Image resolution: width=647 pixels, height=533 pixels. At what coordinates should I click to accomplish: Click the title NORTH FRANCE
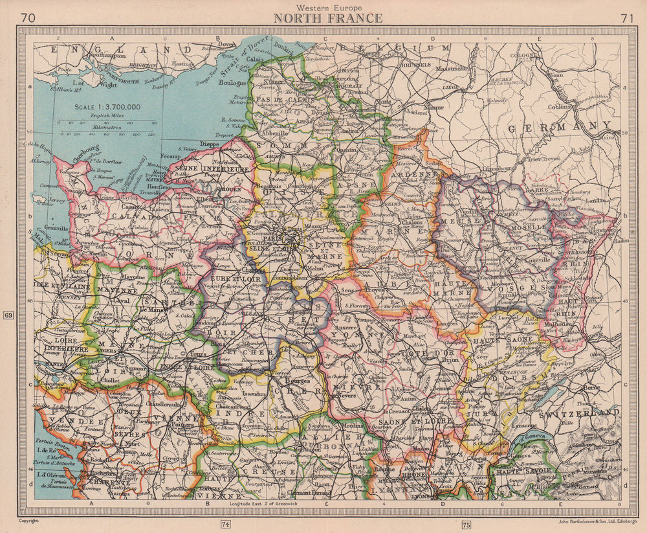(327, 18)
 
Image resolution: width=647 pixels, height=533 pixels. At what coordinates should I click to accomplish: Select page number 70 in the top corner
(28, 18)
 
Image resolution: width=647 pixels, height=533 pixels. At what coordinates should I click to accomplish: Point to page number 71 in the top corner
(626, 18)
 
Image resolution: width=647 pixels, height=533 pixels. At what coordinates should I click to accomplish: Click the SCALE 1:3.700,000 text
(106, 106)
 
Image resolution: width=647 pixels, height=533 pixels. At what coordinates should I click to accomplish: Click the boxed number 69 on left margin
(8, 315)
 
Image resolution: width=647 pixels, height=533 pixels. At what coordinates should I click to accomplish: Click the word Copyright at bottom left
(29, 520)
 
